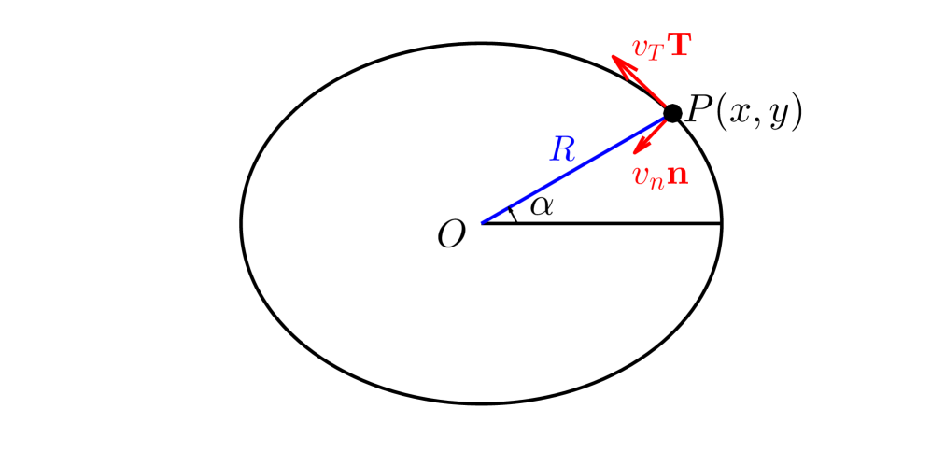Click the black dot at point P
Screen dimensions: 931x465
tap(672, 113)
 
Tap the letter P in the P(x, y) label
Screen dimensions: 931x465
tap(697, 111)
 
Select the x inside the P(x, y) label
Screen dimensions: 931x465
tap(737, 114)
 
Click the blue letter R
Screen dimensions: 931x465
tap(562, 149)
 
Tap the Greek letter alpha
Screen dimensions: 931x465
tap(542, 205)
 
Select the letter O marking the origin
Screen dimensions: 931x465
tap(452, 234)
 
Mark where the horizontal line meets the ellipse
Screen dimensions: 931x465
tap(722, 223)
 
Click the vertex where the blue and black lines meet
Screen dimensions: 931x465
tap(482, 223)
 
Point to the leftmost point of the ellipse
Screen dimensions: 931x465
tap(242, 223)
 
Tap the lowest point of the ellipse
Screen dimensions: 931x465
tap(482, 403)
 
